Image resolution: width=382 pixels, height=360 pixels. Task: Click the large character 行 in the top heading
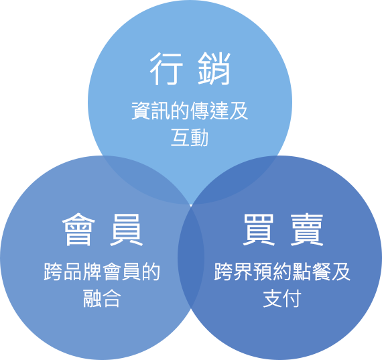click(166, 68)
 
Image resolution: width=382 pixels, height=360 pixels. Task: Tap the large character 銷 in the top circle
click(214, 68)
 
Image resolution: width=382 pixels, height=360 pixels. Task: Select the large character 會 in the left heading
click(78, 229)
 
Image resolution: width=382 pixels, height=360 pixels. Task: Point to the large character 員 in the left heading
click(126, 229)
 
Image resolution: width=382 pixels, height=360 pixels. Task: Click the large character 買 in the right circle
click(259, 229)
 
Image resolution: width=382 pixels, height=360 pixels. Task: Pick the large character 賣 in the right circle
click(307, 229)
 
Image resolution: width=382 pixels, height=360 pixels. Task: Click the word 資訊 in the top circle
click(151, 111)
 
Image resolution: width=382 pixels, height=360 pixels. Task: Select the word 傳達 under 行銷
click(209, 111)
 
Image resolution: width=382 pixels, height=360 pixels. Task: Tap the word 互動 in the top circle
click(190, 137)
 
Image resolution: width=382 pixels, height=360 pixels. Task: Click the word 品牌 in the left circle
click(82, 272)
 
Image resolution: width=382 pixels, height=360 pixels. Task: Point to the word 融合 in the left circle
click(102, 298)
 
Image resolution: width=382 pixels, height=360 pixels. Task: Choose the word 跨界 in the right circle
click(233, 272)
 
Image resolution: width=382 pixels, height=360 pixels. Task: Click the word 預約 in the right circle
click(272, 272)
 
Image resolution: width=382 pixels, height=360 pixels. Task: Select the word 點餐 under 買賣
click(312, 272)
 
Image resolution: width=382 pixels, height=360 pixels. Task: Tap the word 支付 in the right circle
click(282, 298)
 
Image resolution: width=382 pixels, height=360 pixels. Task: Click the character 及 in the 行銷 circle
click(239, 111)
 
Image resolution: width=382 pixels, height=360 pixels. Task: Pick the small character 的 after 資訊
click(180, 111)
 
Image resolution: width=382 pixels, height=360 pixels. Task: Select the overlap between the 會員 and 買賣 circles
click(191, 256)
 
